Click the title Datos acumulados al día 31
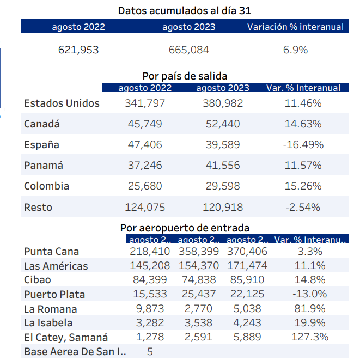[x=185, y=10]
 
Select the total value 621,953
[x=78, y=50]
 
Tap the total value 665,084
[x=188, y=50]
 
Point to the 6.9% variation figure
[x=295, y=50]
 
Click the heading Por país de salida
[x=185, y=76]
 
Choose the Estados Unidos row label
[x=62, y=103]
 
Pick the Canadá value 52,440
[x=222, y=124]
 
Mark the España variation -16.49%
[x=303, y=145]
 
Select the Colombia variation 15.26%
[x=303, y=186]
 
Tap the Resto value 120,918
[x=222, y=207]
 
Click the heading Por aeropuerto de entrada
[x=185, y=228]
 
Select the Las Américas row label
[x=56, y=266]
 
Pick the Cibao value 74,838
[x=198, y=280]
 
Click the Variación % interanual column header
[x=295, y=27]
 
